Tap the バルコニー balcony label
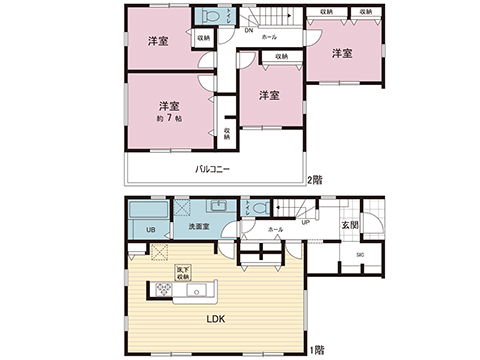point(212,169)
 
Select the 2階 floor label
point(317,180)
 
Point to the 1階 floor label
point(317,350)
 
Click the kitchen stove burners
point(161,291)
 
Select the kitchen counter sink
point(196,292)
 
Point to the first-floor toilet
point(260,209)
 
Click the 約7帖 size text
point(167,119)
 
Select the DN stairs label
point(248,30)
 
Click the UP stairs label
point(304,222)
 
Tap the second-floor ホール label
point(269,37)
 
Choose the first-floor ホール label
point(275,229)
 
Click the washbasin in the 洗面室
point(216,208)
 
